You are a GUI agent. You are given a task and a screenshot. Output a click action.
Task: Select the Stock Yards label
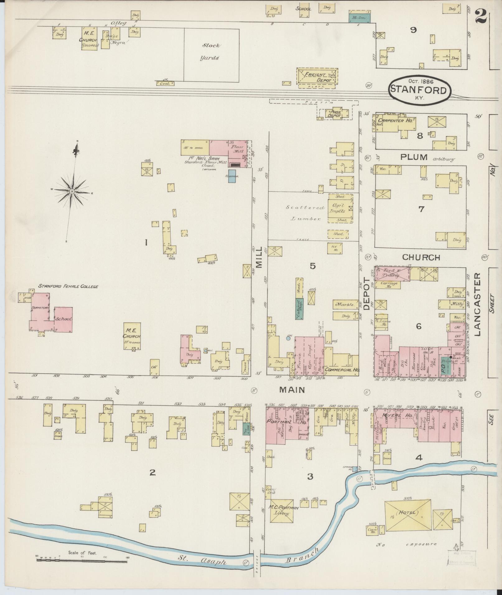click(211, 52)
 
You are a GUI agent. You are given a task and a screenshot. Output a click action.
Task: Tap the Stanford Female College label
click(68, 286)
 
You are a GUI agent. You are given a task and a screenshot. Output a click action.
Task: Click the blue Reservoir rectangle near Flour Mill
click(232, 176)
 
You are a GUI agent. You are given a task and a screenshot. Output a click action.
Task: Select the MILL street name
click(259, 260)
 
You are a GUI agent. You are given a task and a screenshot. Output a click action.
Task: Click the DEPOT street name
click(366, 294)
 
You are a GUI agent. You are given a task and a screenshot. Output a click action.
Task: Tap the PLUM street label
click(414, 157)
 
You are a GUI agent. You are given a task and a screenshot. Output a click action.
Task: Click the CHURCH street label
click(421, 258)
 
